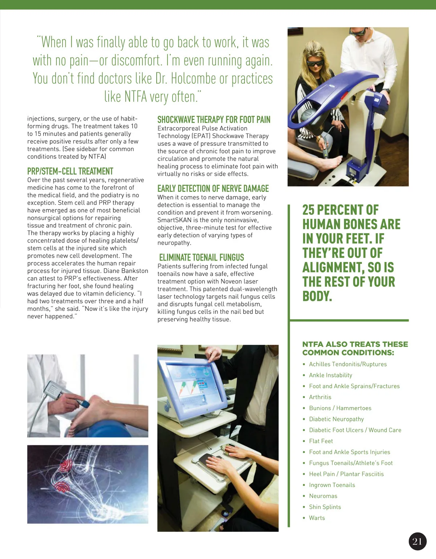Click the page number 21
[x=417, y=541]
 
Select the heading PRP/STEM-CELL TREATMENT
[x=70, y=171]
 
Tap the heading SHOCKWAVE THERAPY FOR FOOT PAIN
[x=214, y=120]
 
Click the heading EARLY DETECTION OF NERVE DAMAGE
[x=213, y=189]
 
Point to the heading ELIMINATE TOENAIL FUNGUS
[x=202, y=257]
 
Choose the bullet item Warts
[x=317, y=518]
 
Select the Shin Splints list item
[x=325, y=507]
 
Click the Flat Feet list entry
[x=321, y=441]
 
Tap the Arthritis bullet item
[x=320, y=397]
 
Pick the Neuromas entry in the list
[x=323, y=496]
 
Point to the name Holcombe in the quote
[x=193, y=79]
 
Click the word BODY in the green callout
[x=317, y=296]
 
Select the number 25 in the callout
[x=308, y=210]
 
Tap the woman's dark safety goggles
[x=315, y=63]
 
